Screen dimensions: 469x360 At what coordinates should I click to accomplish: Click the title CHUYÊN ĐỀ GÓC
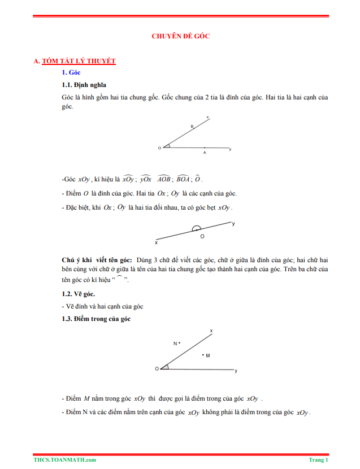point(181,36)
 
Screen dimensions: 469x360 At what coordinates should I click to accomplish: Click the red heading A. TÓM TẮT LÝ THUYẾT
point(75,61)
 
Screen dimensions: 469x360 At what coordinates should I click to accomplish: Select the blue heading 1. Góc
point(71,72)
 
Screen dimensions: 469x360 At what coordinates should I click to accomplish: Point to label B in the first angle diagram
point(192,127)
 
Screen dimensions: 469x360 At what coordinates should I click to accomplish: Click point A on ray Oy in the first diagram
point(205,151)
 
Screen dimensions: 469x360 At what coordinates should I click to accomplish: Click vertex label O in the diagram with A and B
point(159,148)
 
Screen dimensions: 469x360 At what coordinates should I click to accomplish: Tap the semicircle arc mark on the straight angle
point(196,228)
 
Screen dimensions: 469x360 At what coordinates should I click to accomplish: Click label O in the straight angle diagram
point(202,236)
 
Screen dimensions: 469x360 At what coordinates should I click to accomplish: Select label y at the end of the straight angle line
point(234,224)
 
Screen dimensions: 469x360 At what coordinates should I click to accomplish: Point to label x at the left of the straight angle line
point(156,242)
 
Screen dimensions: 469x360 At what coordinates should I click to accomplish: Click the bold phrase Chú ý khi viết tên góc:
point(97,259)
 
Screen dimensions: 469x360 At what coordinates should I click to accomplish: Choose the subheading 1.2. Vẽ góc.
point(78,294)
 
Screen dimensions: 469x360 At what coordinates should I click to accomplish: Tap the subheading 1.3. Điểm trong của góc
point(96,319)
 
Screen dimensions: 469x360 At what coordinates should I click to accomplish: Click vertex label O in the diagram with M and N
point(157,368)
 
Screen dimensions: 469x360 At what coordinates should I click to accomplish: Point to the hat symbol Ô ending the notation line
point(198,179)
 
